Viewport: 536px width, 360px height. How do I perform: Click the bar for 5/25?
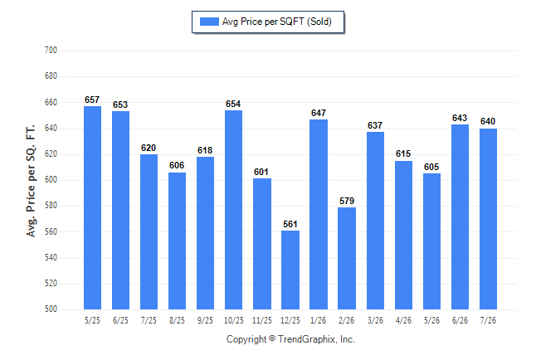[92, 208]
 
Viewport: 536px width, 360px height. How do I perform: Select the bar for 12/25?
[290, 270]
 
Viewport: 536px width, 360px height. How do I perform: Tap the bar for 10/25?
[233, 210]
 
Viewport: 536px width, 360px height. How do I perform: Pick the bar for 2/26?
[347, 259]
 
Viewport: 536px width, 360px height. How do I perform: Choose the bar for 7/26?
[488, 219]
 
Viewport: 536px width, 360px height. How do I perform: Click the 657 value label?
[92, 100]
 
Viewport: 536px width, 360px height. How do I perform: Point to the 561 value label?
[290, 224]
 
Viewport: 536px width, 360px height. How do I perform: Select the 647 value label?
[319, 113]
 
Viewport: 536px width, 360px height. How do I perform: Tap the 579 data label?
[347, 201]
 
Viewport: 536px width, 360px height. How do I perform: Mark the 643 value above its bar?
[460, 119]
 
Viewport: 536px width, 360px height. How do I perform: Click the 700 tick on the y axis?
[51, 51]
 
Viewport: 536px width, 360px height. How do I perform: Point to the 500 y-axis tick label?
[51, 309]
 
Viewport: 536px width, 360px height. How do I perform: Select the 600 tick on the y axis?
[51, 179]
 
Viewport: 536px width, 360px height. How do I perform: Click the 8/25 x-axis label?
[177, 320]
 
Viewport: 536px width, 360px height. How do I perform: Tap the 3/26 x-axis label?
[375, 320]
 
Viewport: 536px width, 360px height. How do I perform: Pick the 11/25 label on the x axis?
[262, 320]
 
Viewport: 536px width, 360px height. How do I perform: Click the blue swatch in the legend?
[209, 22]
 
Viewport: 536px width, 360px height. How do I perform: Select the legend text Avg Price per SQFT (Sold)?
[277, 22]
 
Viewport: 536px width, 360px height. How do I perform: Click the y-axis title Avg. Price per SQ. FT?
[31, 181]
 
